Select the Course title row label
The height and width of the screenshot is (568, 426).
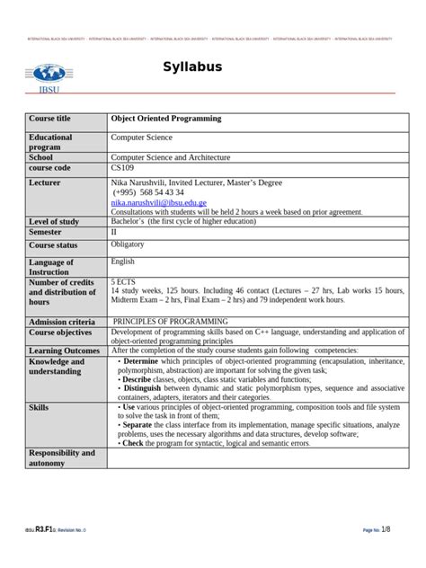pos(49,119)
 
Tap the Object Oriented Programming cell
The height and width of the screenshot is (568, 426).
pos(165,119)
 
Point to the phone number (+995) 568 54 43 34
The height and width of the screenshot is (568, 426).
pos(149,192)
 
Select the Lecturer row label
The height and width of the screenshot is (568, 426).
pos(46,182)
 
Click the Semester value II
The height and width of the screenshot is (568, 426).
pos(114,232)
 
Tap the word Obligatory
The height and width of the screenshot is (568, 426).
pos(127,244)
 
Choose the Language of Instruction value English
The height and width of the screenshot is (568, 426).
pos(122,262)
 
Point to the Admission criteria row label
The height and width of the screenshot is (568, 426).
pos(61,322)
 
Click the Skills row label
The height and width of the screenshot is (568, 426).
pos(39,407)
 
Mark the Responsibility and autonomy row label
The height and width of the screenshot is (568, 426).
pos(61,457)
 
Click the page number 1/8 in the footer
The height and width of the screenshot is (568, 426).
pos(386,528)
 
